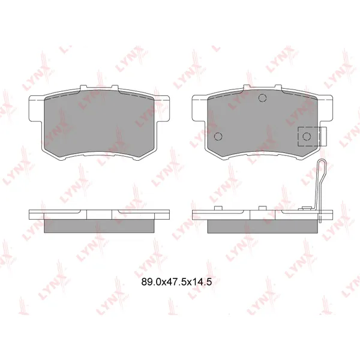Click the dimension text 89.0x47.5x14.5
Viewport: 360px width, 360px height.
(x=176, y=282)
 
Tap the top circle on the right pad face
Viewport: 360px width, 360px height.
(x=262, y=98)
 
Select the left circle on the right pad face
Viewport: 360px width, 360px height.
(x=218, y=136)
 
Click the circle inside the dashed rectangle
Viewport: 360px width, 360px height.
(x=307, y=137)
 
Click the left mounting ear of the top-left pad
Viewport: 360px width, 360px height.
(x=36, y=109)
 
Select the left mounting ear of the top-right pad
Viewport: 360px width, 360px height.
(x=200, y=109)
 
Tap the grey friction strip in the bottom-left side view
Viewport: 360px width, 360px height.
(x=99, y=226)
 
